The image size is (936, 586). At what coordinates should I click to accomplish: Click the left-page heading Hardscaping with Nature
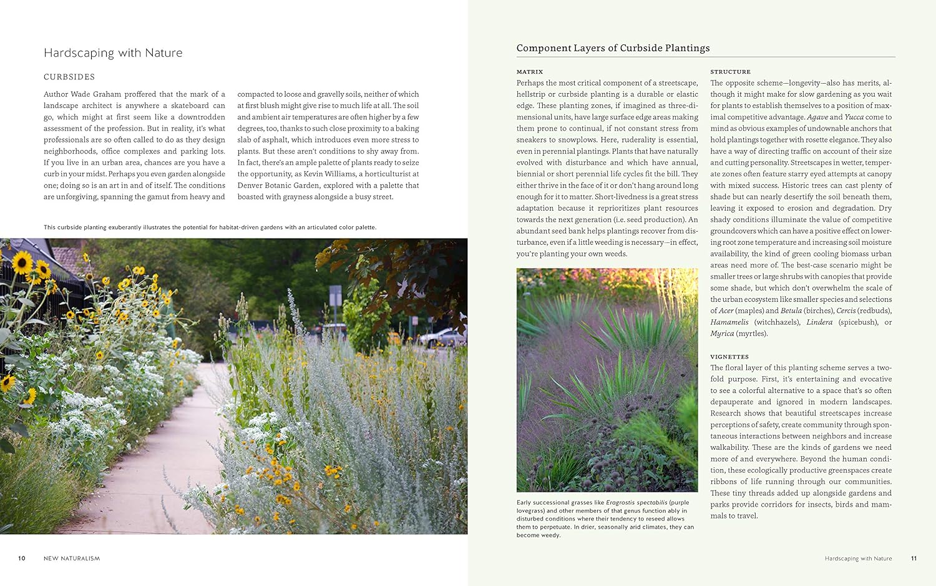coord(113,53)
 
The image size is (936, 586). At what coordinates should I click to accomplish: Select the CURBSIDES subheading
coord(69,77)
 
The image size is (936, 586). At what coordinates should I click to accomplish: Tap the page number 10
coord(22,559)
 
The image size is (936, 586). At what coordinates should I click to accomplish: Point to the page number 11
coord(914,559)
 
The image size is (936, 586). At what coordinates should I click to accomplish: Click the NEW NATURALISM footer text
coord(72,559)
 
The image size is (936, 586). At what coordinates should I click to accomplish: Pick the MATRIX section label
coord(530,72)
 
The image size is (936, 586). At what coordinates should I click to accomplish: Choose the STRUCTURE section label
coord(730,72)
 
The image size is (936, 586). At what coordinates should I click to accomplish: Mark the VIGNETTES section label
coord(729,357)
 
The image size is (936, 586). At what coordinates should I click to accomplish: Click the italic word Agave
coord(817,117)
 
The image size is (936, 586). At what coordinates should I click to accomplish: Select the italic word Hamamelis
coord(729,322)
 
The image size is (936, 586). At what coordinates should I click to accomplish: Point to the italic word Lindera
coord(819,322)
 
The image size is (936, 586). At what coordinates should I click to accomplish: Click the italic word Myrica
coord(722,334)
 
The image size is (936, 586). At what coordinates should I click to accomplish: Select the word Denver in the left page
coord(250,186)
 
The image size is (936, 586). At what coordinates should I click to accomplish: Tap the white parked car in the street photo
coord(441,338)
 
